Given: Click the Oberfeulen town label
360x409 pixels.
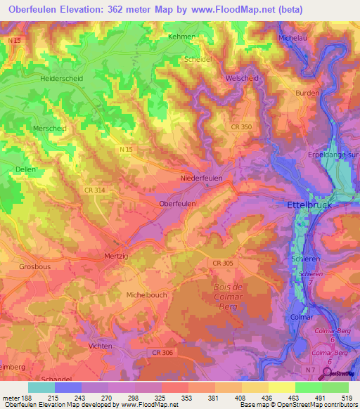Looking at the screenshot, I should pyautogui.click(x=177, y=203).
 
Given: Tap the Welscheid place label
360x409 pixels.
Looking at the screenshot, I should pyautogui.click(x=242, y=79).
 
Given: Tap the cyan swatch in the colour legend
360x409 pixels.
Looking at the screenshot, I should pyautogui.click(x=41, y=387).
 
